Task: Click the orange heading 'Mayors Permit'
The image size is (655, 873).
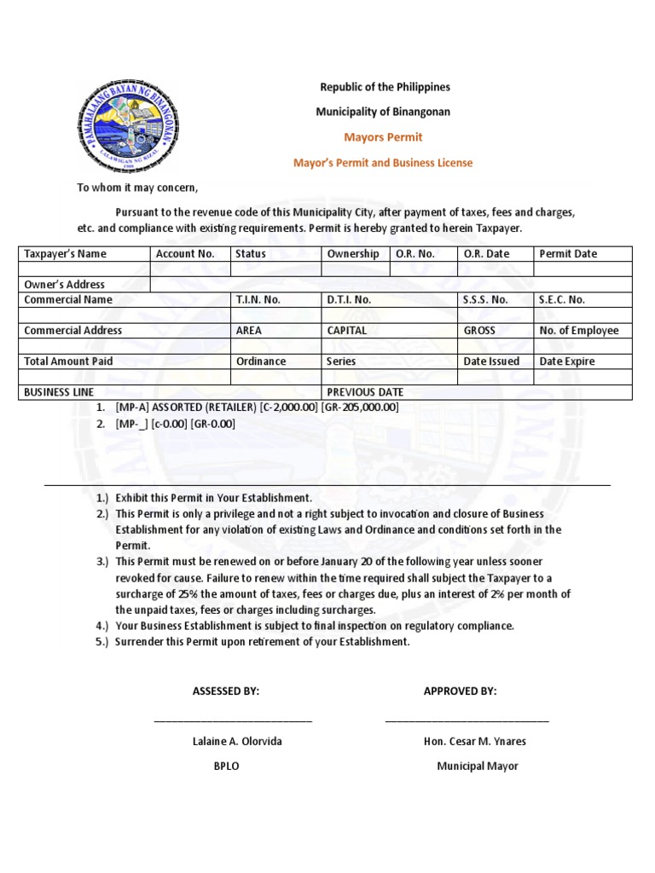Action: (x=383, y=137)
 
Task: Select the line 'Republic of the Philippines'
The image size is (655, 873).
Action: (x=385, y=87)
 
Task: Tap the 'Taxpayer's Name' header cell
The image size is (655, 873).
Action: (x=66, y=254)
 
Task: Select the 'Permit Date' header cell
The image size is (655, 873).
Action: (x=568, y=254)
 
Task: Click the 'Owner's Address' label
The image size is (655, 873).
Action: (x=65, y=285)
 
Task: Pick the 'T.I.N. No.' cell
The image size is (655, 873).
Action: (x=258, y=300)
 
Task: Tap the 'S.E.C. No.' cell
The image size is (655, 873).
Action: (x=562, y=300)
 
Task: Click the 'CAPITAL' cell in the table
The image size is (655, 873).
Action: (x=347, y=331)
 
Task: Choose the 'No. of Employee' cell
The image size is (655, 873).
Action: (x=579, y=331)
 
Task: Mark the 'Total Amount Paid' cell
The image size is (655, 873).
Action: (x=68, y=361)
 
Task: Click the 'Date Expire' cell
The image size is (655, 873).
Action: (x=567, y=361)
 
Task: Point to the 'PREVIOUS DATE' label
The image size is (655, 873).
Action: (x=365, y=392)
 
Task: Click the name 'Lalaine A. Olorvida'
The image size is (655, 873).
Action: (x=237, y=742)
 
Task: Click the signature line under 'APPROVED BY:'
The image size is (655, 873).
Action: (x=467, y=720)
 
